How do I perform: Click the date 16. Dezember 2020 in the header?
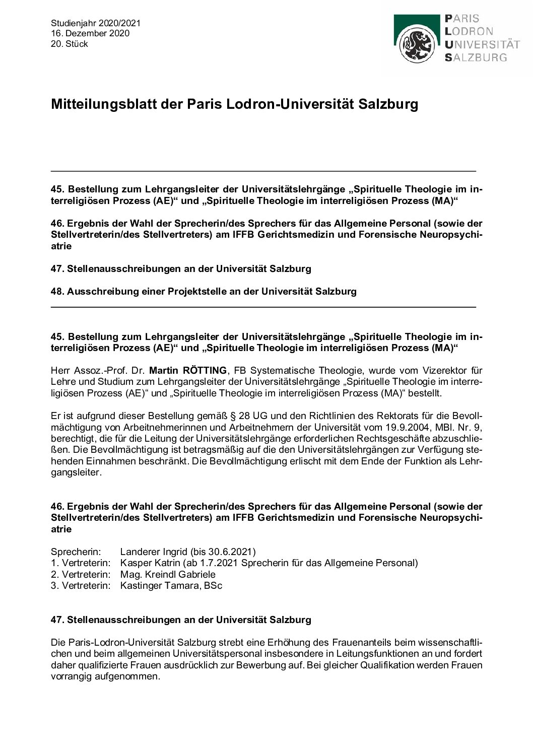(x=90, y=33)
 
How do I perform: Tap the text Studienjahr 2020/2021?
(x=96, y=23)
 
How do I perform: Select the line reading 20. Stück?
(x=70, y=44)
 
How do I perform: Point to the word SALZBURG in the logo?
(x=476, y=57)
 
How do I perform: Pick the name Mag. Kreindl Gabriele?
(x=168, y=575)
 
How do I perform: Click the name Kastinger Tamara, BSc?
(x=171, y=586)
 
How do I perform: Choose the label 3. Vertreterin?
(x=81, y=586)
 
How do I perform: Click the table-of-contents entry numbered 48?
(x=204, y=291)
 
